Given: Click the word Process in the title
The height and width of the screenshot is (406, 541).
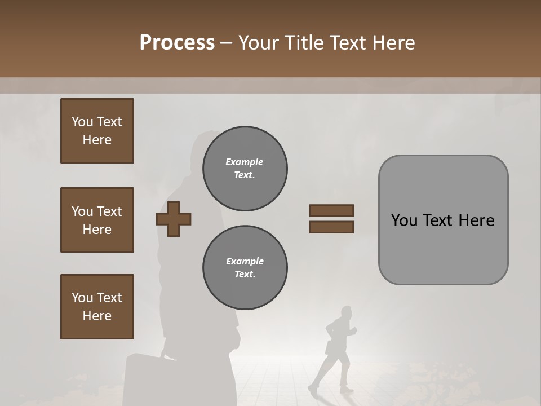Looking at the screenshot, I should (x=177, y=43).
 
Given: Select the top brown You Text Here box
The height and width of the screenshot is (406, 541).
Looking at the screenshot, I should (x=97, y=131).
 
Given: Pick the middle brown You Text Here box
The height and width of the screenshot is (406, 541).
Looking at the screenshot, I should (x=97, y=220).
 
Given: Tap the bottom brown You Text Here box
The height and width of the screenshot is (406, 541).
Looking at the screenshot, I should (x=97, y=307).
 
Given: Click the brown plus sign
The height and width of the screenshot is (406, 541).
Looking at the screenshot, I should (x=174, y=219).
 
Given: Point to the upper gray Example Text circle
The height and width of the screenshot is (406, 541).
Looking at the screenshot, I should (x=245, y=169).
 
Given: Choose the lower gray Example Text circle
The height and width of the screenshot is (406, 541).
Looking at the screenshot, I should (x=245, y=268).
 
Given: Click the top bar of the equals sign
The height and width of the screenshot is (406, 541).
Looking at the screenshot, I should (x=331, y=210).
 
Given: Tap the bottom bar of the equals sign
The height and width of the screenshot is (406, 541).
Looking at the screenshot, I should (x=331, y=227).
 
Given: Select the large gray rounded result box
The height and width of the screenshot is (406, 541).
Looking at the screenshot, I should (x=443, y=220).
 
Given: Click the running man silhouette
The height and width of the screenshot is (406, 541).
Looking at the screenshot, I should (x=335, y=350).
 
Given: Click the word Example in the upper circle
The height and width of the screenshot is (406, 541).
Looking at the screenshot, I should (x=245, y=162).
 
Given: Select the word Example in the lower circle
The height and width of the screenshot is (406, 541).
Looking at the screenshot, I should (x=245, y=261).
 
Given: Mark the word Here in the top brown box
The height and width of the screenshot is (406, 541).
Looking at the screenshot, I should (x=97, y=140).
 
